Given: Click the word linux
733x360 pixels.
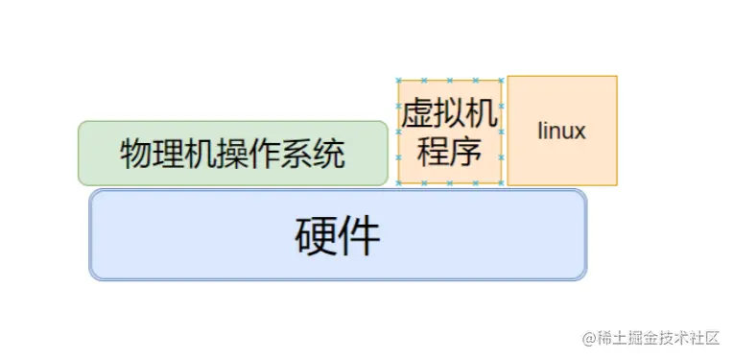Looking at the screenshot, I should [561, 131].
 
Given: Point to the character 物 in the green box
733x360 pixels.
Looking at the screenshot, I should [136, 154].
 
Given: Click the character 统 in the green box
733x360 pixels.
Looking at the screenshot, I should [329, 154].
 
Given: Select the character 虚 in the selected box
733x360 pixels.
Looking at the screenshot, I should [418, 116].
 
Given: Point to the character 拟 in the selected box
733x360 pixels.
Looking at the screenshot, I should [450, 116].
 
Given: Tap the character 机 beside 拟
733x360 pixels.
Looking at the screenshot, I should [481, 116].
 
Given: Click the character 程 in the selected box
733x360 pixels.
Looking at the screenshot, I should [434, 151].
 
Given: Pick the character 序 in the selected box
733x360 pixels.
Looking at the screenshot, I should [465, 151].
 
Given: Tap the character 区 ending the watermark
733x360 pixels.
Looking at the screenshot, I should [712, 337].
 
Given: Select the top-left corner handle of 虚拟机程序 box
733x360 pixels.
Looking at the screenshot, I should [398, 81].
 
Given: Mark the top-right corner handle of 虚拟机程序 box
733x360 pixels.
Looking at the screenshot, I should [502, 81].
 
